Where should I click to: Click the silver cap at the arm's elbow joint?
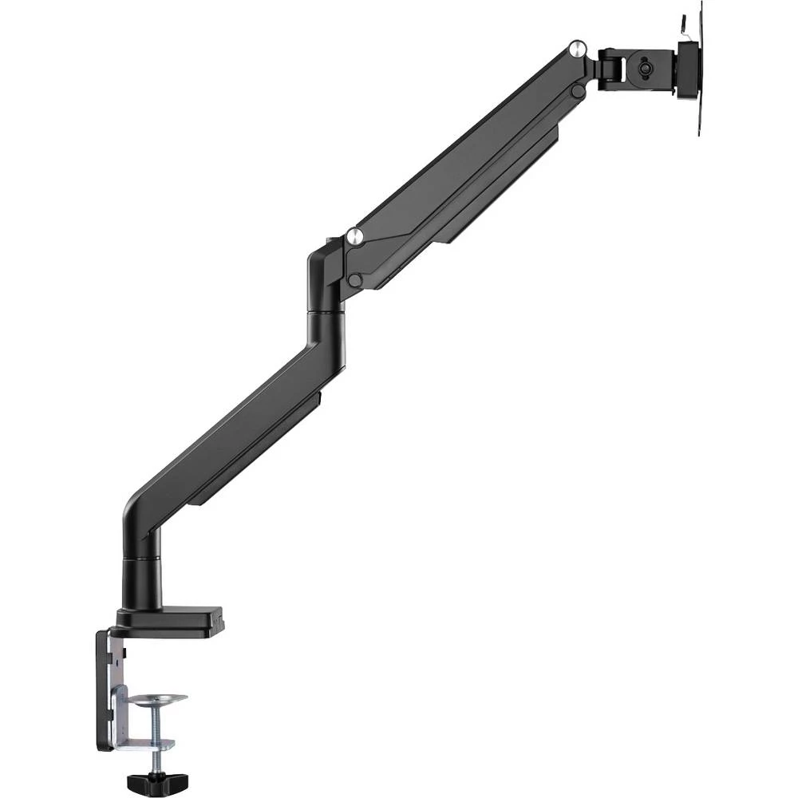point(355,235)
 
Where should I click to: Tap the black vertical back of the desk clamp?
point(103,690)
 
